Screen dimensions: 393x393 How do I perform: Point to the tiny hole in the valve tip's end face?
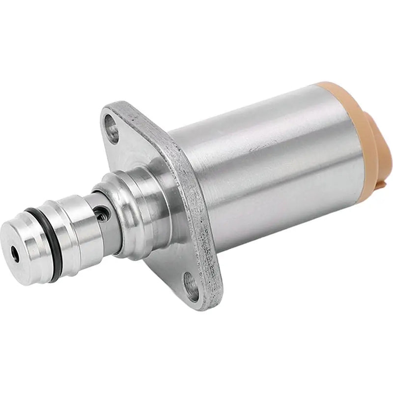[15, 254]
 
